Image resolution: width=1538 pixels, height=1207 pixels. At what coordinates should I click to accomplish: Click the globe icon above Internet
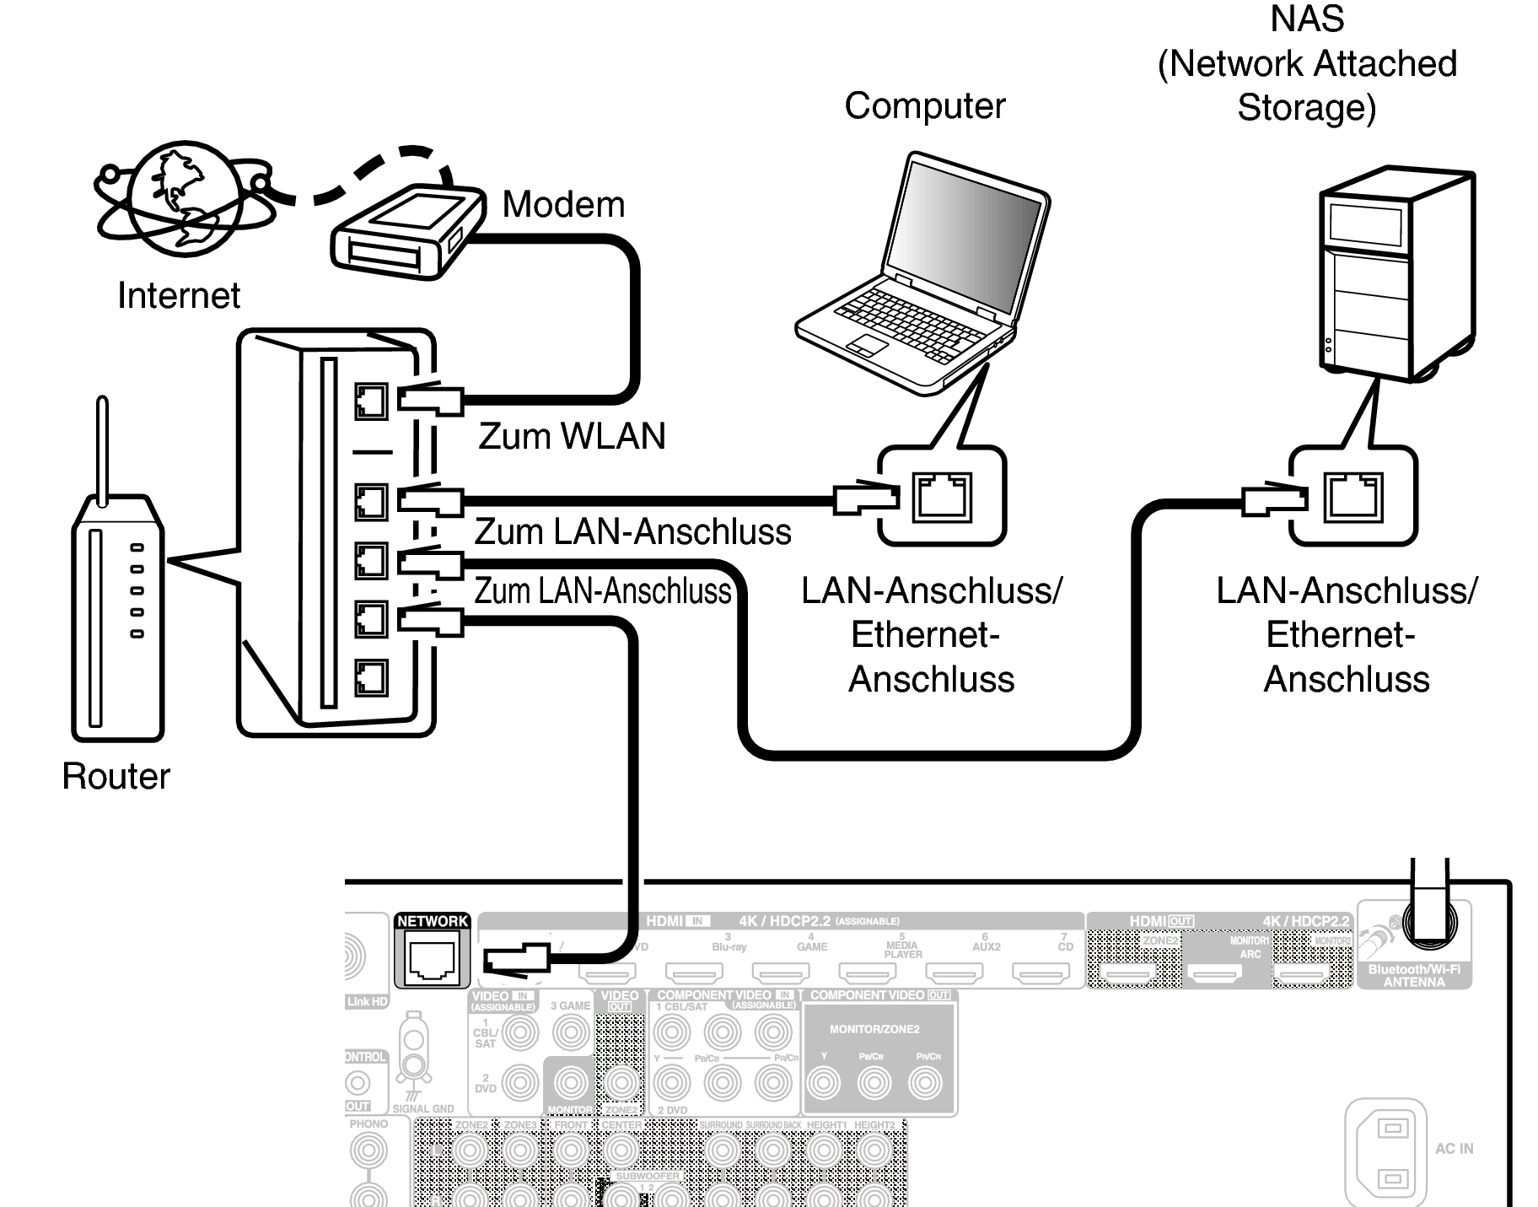point(181,198)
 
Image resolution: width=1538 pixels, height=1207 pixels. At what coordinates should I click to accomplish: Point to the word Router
point(116,776)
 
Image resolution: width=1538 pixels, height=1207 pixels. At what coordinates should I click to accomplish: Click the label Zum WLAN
point(572,436)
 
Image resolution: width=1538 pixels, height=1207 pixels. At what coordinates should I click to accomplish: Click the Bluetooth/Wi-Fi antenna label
point(1414,976)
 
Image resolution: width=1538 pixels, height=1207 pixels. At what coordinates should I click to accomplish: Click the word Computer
point(924,106)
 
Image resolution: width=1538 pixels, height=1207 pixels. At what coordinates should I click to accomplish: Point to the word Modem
point(563,205)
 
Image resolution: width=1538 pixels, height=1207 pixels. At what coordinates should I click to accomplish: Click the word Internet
point(179,295)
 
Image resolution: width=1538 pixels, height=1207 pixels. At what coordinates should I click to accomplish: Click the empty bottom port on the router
point(371,677)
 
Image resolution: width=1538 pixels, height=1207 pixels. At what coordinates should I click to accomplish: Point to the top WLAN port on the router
point(371,401)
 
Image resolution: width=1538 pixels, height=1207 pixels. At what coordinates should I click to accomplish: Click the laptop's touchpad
point(868,344)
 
